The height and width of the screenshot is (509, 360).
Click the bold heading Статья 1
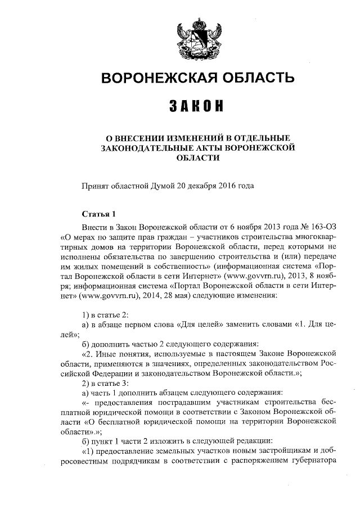tap(98, 214)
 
